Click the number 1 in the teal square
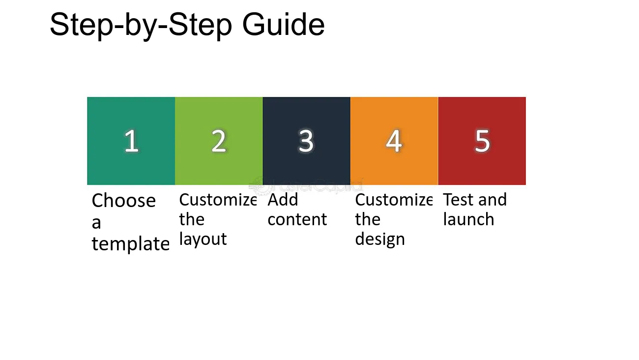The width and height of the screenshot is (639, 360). pyautogui.click(x=132, y=141)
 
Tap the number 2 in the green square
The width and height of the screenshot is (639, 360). pyautogui.click(x=219, y=141)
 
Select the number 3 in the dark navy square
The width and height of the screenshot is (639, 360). pyautogui.click(x=306, y=141)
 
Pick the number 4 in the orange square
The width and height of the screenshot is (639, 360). pyautogui.click(x=394, y=141)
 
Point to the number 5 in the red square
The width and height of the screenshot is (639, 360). pyautogui.click(x=482, y=141)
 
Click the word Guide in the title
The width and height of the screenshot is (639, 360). pyautogui.click(x=283, y=25)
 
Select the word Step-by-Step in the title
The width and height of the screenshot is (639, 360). pyautogui.click(x=141, y=26)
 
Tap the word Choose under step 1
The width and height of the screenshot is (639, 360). pyautogui.click(x=123, y=201)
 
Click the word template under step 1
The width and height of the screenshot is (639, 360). pyautogui.click(x=131, y=244)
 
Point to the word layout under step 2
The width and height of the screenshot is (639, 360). pyautogui.click(x=203, y=239)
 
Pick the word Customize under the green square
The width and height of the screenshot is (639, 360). pyautogui.click(x=218, y=200)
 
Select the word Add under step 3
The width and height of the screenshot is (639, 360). pyautogui.click(x=283, y=200)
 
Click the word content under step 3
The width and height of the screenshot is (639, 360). pyautogui.click(x=297, y=219)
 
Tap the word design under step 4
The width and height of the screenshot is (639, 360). pyautogui.click(x=380, y=239)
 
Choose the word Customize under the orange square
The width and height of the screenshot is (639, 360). pyautogui.click(x=394, y=200)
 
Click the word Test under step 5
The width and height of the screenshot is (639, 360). pyautogui.click(x=459, y=200)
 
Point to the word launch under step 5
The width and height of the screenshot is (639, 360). pyautogui.click(x=468, y=219)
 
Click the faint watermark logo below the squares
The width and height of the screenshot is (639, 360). pyautogui.click(x=306, y=185)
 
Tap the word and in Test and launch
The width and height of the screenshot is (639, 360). pyautogui.click(x=493, y=200)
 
